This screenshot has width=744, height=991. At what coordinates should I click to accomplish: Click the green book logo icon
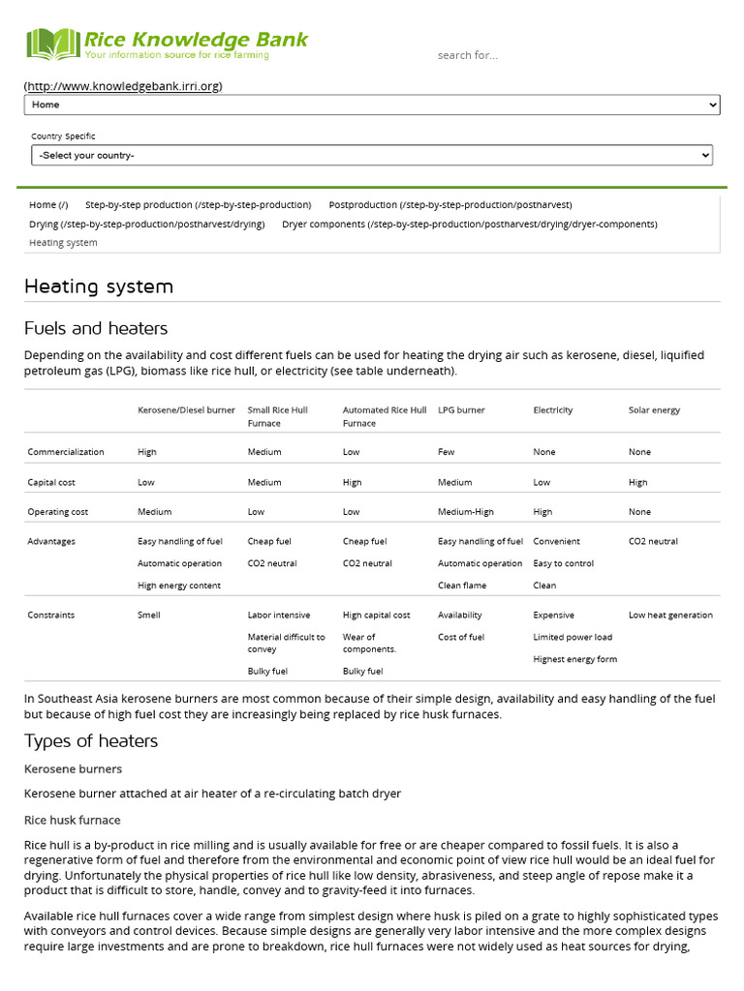coord(52,45)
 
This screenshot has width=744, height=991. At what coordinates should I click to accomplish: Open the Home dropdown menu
coord(372,105)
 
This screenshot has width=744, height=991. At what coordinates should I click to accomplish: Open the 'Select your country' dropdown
coord(372,155)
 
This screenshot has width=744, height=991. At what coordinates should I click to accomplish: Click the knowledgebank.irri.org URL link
coord(123,86)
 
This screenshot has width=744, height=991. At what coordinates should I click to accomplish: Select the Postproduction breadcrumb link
coord(450,205)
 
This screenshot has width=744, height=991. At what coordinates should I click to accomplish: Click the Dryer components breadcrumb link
coord(469,225)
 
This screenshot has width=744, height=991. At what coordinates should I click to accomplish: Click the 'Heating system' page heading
coord(99,286)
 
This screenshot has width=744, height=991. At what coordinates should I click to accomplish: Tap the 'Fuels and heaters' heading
coord(96,328)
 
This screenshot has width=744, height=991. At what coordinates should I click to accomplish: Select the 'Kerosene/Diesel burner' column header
coord(186,410)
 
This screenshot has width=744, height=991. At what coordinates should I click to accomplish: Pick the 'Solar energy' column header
coord(654,410)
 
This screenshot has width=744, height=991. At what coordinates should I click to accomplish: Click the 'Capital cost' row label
coord(51,482)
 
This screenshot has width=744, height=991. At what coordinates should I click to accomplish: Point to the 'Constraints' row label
coord(51,616)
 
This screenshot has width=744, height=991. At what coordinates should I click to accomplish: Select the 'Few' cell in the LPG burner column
coord(448,452)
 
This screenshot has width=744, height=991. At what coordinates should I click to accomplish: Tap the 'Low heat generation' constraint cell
coord(670,616)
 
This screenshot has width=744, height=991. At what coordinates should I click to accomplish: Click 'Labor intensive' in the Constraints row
coord(279,616)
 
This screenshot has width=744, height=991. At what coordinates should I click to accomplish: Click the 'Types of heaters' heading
coord(91,741)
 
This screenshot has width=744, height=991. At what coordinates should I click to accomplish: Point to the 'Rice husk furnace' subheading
coord(73,821)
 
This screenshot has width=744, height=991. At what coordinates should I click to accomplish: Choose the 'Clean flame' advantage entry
coord(462,586)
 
